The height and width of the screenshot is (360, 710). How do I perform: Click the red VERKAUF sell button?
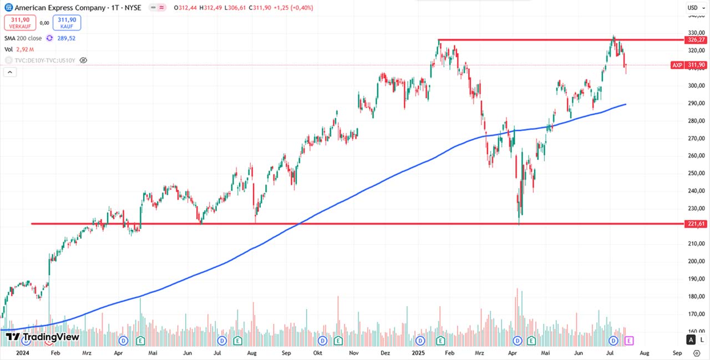(21, 23)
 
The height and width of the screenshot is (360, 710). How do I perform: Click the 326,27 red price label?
(696, 40)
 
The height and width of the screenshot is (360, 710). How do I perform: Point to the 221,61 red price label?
(696, 224)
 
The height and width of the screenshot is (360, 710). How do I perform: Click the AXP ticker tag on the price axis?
(677, 65)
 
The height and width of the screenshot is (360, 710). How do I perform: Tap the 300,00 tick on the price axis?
(695, 85)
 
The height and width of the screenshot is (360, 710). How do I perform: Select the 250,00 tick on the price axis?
(695, 173)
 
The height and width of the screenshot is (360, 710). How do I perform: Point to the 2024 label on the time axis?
(23, 352)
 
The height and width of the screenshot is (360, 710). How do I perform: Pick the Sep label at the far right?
(677, 352)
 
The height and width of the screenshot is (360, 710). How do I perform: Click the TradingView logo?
(43, 337)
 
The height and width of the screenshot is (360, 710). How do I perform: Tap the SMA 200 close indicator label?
(23, 38)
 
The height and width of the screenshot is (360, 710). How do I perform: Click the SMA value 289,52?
(67, 38)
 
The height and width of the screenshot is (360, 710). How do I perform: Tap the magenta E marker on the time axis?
(629, 340)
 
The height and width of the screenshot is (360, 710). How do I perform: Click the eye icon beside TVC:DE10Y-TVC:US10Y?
(83, 60)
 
